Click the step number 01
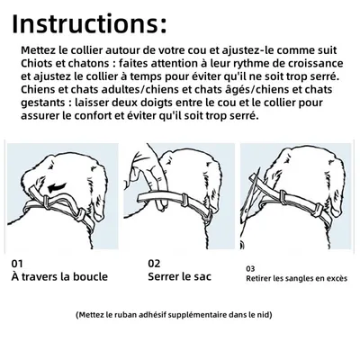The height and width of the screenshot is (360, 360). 17,263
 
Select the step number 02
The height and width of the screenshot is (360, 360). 154,263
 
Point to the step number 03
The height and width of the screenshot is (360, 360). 250,267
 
